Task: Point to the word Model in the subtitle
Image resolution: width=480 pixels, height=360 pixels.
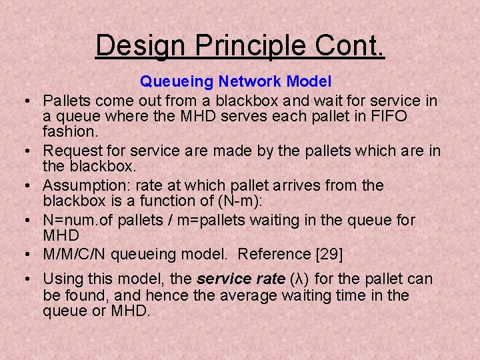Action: click(x=309, y=82)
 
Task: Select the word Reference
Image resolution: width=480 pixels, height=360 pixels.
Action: click(x=270, y=254)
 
